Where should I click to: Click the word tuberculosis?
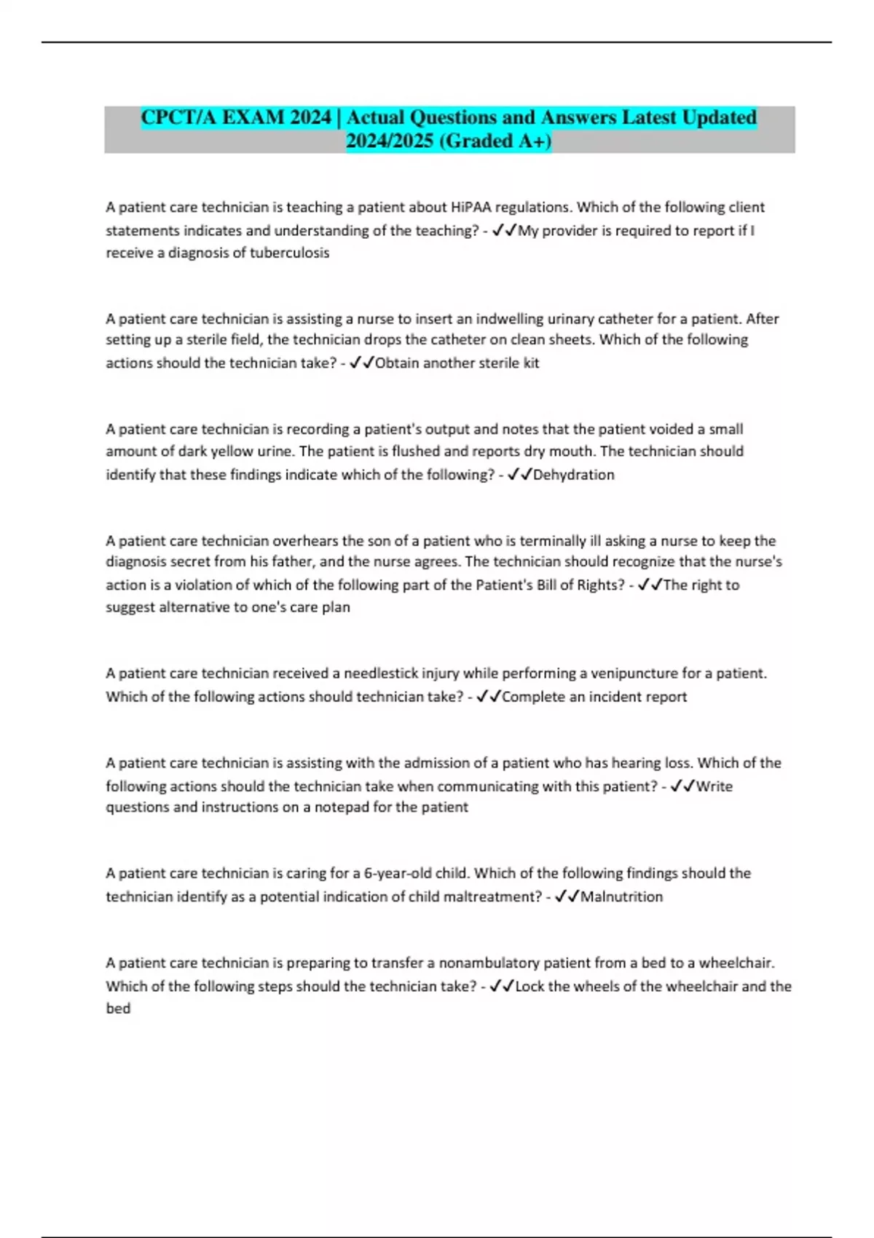coord(290,253)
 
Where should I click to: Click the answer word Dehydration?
coord(574,475)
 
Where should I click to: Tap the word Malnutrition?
coord(621,896)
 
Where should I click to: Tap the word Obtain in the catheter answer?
coord(396,363)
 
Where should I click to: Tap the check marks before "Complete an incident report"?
coord(489,697)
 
